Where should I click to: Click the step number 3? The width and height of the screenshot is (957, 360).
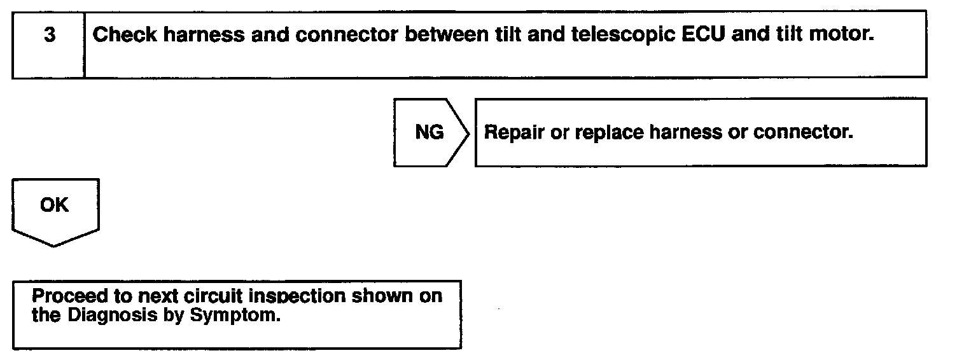[x=49, y=34]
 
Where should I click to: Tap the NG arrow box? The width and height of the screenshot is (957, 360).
[x=430, y=133]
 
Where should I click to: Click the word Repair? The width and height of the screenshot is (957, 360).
[x=514, y=133]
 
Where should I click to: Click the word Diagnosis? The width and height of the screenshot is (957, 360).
[x=104, y=315]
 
